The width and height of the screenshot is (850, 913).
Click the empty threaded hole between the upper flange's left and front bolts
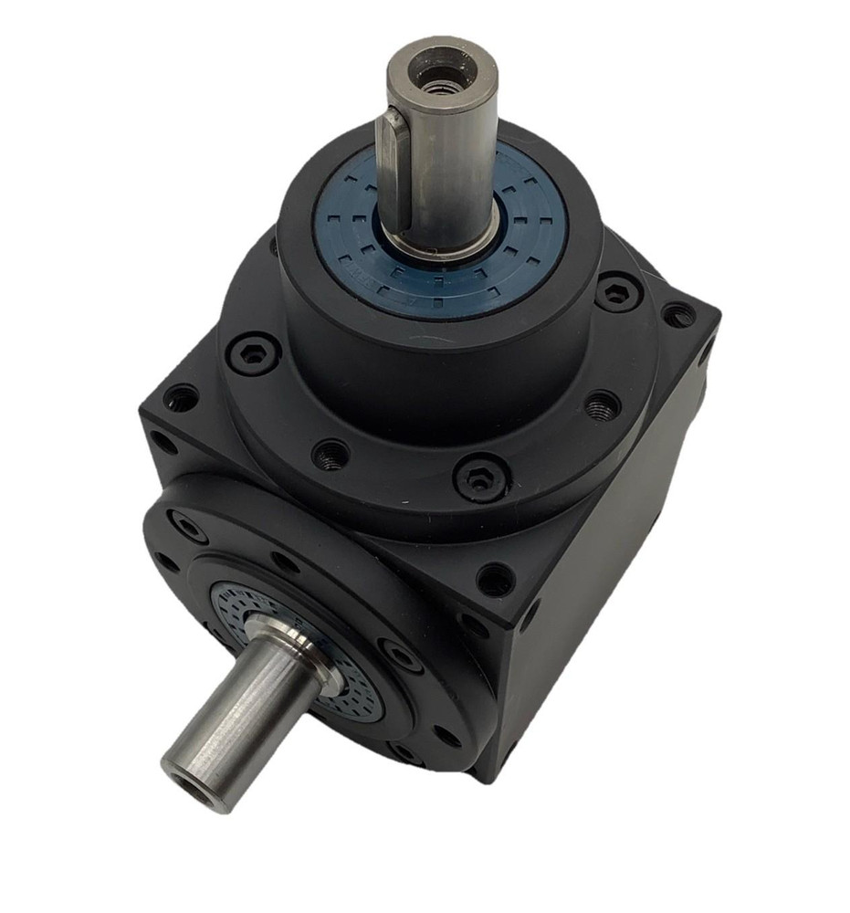331,454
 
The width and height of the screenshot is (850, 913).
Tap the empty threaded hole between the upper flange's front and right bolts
602,404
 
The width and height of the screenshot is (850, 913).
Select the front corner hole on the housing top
494,579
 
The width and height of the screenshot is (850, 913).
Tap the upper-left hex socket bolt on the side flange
187,525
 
